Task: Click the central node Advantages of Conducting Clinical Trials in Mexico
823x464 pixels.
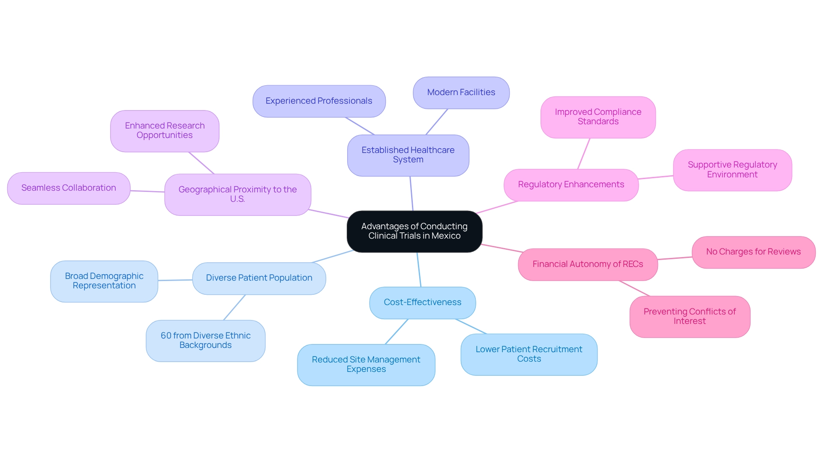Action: point(414,231)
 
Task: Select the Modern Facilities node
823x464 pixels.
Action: point(461,93)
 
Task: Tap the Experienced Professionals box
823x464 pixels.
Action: point(319,101)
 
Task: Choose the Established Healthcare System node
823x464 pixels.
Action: point(408,155)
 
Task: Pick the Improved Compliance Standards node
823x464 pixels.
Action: point(598,117)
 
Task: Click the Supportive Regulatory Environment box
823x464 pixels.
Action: point(732,170)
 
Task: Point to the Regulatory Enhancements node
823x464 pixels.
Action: point(571,185)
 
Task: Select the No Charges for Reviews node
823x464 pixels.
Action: point(753,252)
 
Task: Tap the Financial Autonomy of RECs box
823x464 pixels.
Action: point(588,264)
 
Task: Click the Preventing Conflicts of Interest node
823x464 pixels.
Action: point(689,317)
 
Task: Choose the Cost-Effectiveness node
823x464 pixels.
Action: point(422,302)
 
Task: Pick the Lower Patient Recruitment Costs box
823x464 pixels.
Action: point(529,354)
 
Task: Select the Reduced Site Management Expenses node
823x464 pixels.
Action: point(366,365)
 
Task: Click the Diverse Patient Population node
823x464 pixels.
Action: point(259,278)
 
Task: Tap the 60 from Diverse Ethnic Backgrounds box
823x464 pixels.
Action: point(205,341)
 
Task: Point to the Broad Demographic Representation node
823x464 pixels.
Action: point(104,281)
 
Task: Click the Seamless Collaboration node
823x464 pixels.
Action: point(69,188)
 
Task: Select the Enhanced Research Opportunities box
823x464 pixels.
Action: point(165,131)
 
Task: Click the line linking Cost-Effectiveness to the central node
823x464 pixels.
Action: point(419,270)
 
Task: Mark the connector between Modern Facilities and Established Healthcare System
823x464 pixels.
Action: point(436,122)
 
